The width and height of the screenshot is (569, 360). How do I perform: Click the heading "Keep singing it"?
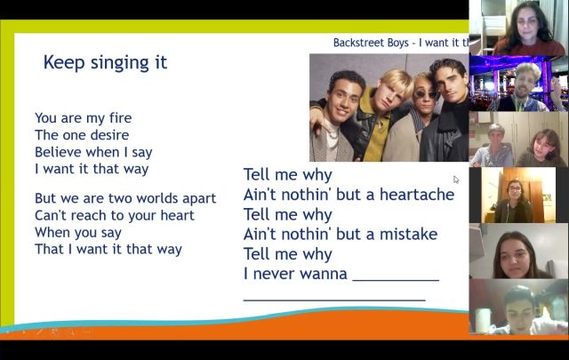point(105,63)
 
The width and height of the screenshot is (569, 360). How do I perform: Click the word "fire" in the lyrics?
point(120,118)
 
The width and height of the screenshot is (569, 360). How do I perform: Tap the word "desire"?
point(109,135)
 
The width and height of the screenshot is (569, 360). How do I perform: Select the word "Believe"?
point(53,152)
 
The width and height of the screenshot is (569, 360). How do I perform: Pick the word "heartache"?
point(417,195)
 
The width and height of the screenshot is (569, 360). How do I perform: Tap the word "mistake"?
point(408,235)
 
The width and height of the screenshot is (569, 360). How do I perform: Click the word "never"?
point(273,275)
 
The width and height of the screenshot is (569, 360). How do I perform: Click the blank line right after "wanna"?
point(396,280)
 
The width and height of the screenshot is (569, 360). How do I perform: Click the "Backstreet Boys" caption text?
point(371,43)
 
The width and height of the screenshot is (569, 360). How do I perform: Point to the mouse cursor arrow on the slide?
point(456,180)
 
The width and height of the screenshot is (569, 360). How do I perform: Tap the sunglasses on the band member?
point(426,95)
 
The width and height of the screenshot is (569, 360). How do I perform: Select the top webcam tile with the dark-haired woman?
point(518,28)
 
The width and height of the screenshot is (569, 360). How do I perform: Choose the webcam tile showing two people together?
point(518,139)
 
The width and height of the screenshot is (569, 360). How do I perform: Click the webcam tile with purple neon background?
point(518,84)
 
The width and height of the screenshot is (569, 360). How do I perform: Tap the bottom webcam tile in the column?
point(518,307)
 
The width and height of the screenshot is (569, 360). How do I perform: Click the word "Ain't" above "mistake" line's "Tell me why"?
point(260,195)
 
